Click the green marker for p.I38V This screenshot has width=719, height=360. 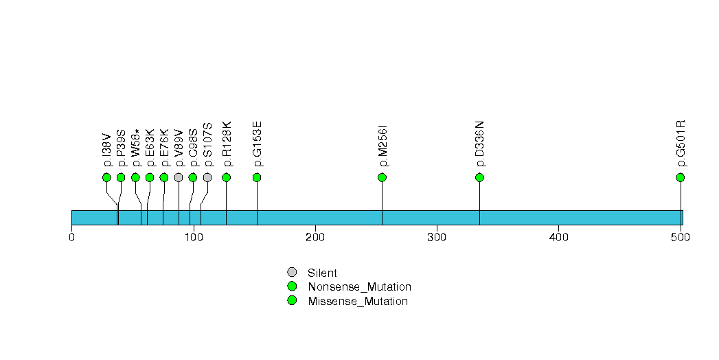tap(107, 177)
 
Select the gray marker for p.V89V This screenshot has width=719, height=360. tap(179, 177)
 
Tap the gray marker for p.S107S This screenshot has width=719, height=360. tap(207, 177)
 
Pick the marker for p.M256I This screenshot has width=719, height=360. tap(382, 177)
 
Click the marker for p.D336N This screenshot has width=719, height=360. tap(479, 177)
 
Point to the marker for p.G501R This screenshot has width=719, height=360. tap(681, 177)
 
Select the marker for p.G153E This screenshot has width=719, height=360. tap(257, 177)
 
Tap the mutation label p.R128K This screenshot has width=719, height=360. tap(227, 144)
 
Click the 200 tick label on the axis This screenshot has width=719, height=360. tap(315, 237)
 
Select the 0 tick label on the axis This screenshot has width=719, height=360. tap(71, 237)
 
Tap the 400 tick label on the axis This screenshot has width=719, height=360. tap(558, 237)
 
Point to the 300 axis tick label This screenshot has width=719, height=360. tap(437, 237)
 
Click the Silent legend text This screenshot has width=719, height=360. tap(322, 273)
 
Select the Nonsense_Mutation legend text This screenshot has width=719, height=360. tap(360, 286)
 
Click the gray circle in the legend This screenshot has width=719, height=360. tap(292, 273)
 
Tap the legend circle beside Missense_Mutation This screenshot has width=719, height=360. tap(292, 301)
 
